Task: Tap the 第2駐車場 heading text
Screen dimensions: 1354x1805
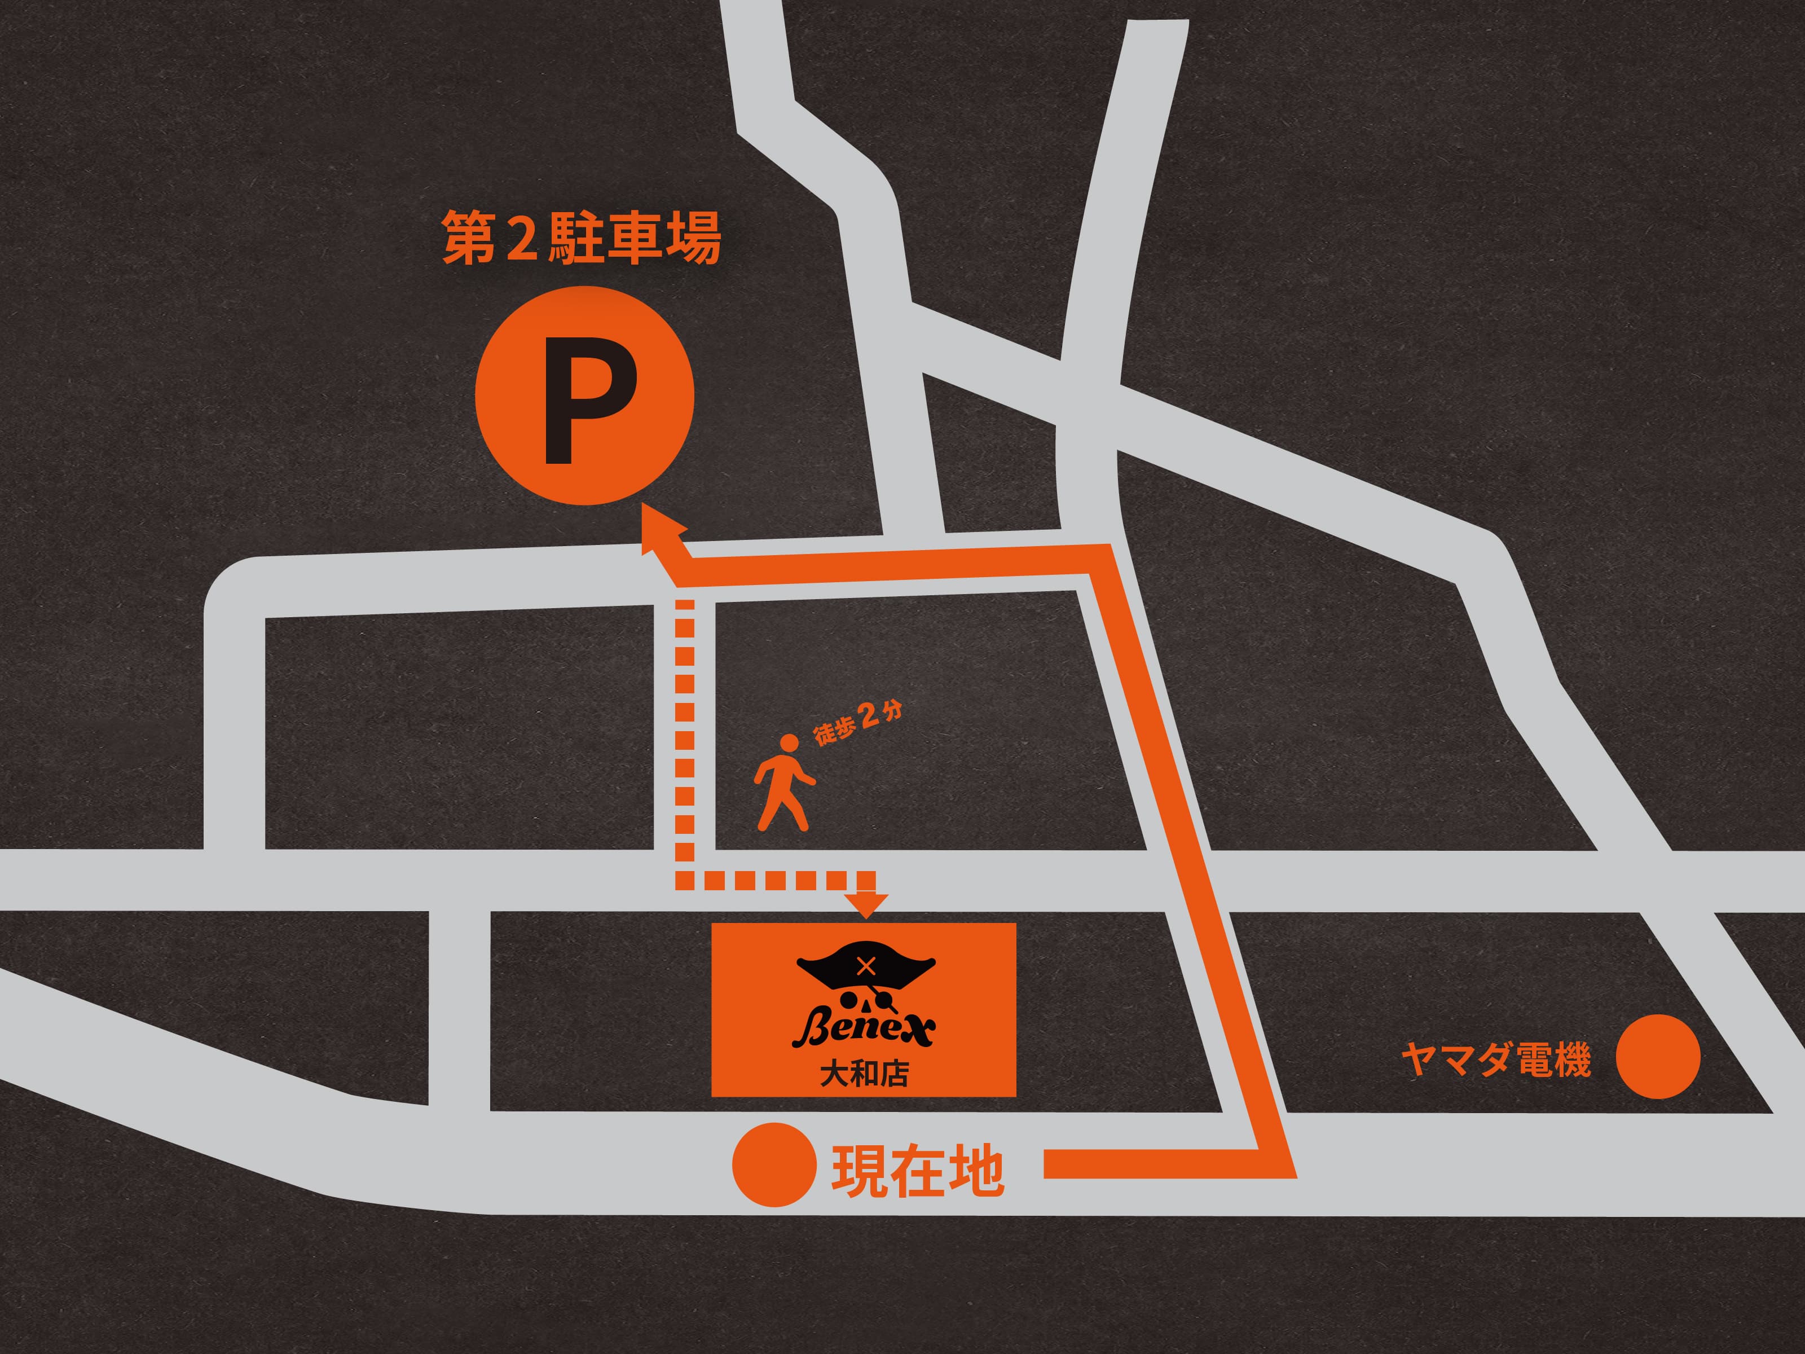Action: coord(581,238)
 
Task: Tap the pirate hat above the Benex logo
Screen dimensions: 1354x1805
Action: coord(865,971)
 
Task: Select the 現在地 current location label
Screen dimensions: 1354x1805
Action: coord(917,1171)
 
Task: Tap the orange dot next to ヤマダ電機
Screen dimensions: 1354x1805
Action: coord(1658,1056)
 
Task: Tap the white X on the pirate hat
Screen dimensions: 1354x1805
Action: coord(866,966)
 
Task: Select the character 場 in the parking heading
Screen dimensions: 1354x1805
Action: coord(694,238)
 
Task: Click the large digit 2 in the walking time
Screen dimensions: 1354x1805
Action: coord(870,715)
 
